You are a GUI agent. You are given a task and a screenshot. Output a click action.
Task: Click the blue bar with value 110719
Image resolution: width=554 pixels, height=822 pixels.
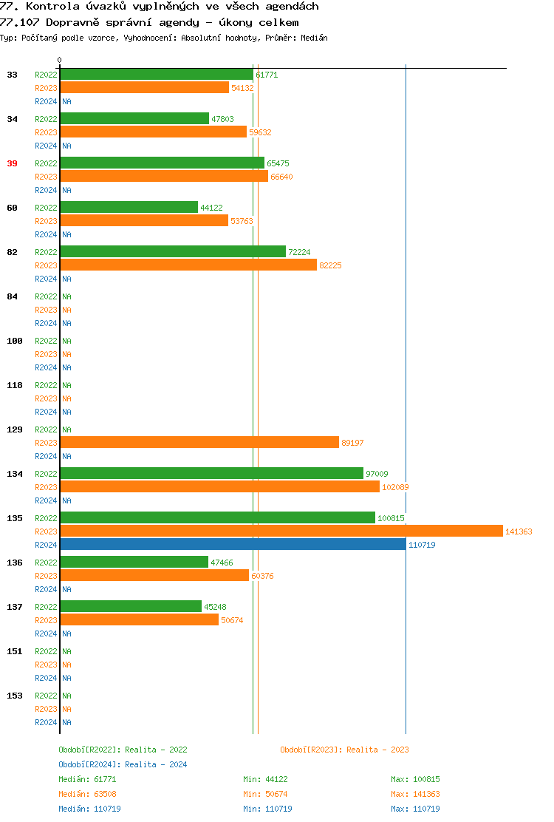[233, 545]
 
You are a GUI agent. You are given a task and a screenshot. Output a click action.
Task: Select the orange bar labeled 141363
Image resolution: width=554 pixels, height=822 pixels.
[281, 531]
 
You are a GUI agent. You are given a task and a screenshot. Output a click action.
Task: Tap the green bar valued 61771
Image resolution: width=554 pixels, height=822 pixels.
[157, 75]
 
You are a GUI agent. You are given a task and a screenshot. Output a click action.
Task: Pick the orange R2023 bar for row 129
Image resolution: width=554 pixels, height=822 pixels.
[199, 443]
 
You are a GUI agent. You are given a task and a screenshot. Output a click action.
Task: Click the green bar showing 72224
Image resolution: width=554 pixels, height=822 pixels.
[173, 252]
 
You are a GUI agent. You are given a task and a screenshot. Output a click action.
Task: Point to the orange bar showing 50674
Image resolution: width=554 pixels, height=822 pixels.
[140, 620]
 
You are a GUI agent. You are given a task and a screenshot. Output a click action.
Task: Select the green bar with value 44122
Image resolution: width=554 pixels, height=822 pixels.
[129, 208]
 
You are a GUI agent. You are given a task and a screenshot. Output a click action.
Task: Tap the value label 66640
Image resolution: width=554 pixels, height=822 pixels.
[281, 177]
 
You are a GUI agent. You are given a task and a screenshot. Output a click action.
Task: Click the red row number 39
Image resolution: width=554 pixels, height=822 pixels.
[12, 163]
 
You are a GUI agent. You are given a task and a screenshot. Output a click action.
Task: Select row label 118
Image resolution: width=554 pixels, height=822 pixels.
[15, 385]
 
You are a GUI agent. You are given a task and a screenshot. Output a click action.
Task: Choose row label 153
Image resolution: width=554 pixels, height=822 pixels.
[15, 696]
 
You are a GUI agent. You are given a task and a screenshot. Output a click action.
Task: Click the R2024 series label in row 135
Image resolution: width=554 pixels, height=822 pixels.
[46, 545]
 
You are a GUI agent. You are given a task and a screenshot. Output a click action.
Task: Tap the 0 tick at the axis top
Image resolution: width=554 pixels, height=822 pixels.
[60, 60]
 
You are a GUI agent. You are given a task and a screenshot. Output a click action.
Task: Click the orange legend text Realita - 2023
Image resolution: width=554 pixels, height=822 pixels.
[377, 750]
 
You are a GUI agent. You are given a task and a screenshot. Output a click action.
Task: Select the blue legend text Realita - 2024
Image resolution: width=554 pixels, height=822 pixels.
[156, 764]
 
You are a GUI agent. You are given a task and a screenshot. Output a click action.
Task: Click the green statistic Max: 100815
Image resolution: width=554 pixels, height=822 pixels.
[415, 779]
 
